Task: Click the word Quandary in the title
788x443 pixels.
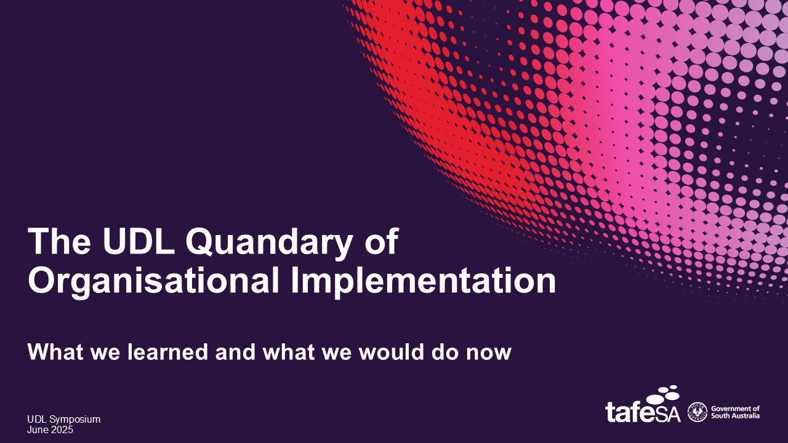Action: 269,242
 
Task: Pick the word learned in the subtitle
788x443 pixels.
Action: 168,351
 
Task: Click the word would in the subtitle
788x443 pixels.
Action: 391,351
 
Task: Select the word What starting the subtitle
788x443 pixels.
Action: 56,351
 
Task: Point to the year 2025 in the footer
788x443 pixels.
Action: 62,429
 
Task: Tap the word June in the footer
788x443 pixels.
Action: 38,429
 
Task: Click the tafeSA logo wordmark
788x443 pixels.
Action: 643,412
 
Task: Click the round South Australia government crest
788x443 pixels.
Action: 698,412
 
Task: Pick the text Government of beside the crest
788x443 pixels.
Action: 735,409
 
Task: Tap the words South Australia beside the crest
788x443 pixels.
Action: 735,415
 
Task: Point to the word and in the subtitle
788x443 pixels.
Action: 235,351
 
